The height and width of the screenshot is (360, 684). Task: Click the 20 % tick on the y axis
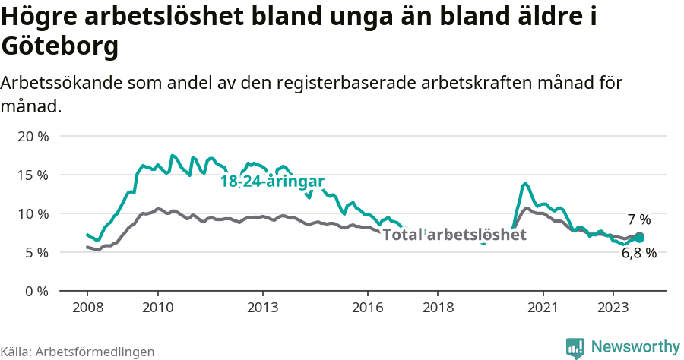pos(32,137)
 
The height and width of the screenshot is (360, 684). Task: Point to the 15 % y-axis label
pos(32,175)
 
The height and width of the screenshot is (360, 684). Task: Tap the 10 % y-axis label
pos(32,214)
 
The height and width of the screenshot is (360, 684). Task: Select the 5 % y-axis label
pos(35,252)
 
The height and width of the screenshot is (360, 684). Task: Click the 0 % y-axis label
pos(35,291)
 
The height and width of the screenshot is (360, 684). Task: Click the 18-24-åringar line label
pos(272,182)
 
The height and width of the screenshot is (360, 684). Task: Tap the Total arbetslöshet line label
pos(454,235)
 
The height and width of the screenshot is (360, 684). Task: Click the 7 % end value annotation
pos(639,219)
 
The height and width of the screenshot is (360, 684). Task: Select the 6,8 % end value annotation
pos(638,254)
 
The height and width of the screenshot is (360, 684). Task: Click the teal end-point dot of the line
pos(639,238)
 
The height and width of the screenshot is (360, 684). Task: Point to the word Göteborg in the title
pos(60,47)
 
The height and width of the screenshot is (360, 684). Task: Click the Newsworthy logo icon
pos(575,347)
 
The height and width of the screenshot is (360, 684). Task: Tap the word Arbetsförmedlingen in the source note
pos(95,352)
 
